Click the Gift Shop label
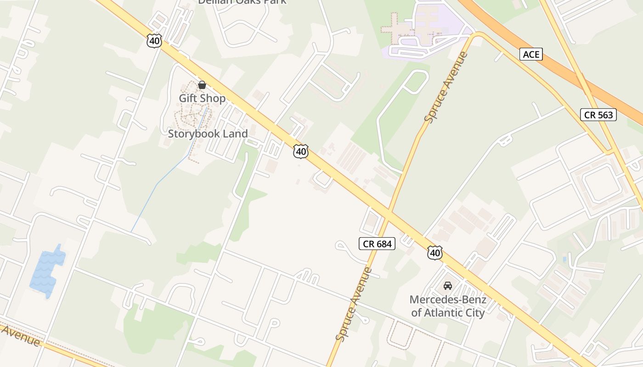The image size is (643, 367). [x=202, y=98]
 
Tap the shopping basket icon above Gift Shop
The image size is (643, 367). [x=202, y=85]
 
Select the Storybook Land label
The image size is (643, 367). [x=208, y=133]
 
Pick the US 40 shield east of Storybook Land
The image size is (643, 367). [x=300, y=151]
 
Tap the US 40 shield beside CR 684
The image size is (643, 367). [x=434, y=252]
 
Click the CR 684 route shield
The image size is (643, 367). [x=378, y=244]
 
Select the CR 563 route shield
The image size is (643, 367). [x=599, y=115]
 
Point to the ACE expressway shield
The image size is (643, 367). [x=531, y=55]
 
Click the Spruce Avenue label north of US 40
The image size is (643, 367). [x=446, y=87]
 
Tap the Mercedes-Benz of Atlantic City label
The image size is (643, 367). [x=448, y=306]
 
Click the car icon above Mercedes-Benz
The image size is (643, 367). [x=447, y=286]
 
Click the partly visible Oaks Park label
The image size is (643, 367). [x=242, y=2]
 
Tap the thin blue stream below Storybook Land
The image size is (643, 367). [x=156, y=186]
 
